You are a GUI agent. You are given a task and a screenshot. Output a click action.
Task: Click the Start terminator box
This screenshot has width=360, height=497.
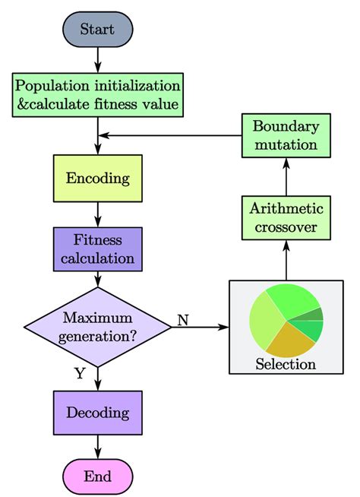97,29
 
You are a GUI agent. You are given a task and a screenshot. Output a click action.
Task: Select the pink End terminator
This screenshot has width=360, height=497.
97,476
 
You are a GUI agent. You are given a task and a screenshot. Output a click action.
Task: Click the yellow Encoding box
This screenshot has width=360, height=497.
97,178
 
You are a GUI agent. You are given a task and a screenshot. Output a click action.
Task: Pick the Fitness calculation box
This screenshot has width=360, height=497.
97,248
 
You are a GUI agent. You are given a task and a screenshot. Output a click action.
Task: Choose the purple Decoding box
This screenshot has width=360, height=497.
97,413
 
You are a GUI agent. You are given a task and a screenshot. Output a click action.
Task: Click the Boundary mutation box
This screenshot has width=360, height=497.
286,135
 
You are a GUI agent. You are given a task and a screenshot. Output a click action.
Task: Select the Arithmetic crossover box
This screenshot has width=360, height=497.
286,217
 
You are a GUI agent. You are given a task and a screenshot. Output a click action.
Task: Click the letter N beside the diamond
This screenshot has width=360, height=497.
183,319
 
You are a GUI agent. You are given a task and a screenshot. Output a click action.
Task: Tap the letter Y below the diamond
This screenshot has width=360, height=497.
79,373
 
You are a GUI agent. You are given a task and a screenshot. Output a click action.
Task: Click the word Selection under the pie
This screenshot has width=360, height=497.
286,364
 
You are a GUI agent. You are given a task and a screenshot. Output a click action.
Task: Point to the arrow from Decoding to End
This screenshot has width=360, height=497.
98,447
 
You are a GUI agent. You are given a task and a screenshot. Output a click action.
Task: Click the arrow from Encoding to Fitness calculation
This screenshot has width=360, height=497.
98,214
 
